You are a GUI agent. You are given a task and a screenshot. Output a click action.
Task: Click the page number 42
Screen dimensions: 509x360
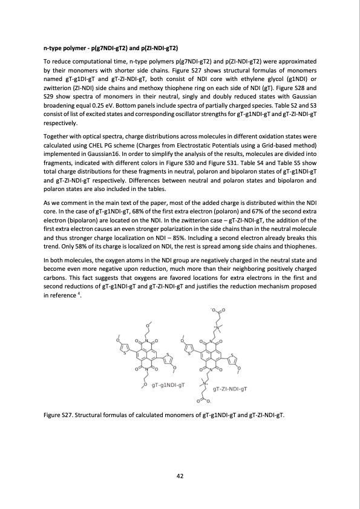click(180, 476)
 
